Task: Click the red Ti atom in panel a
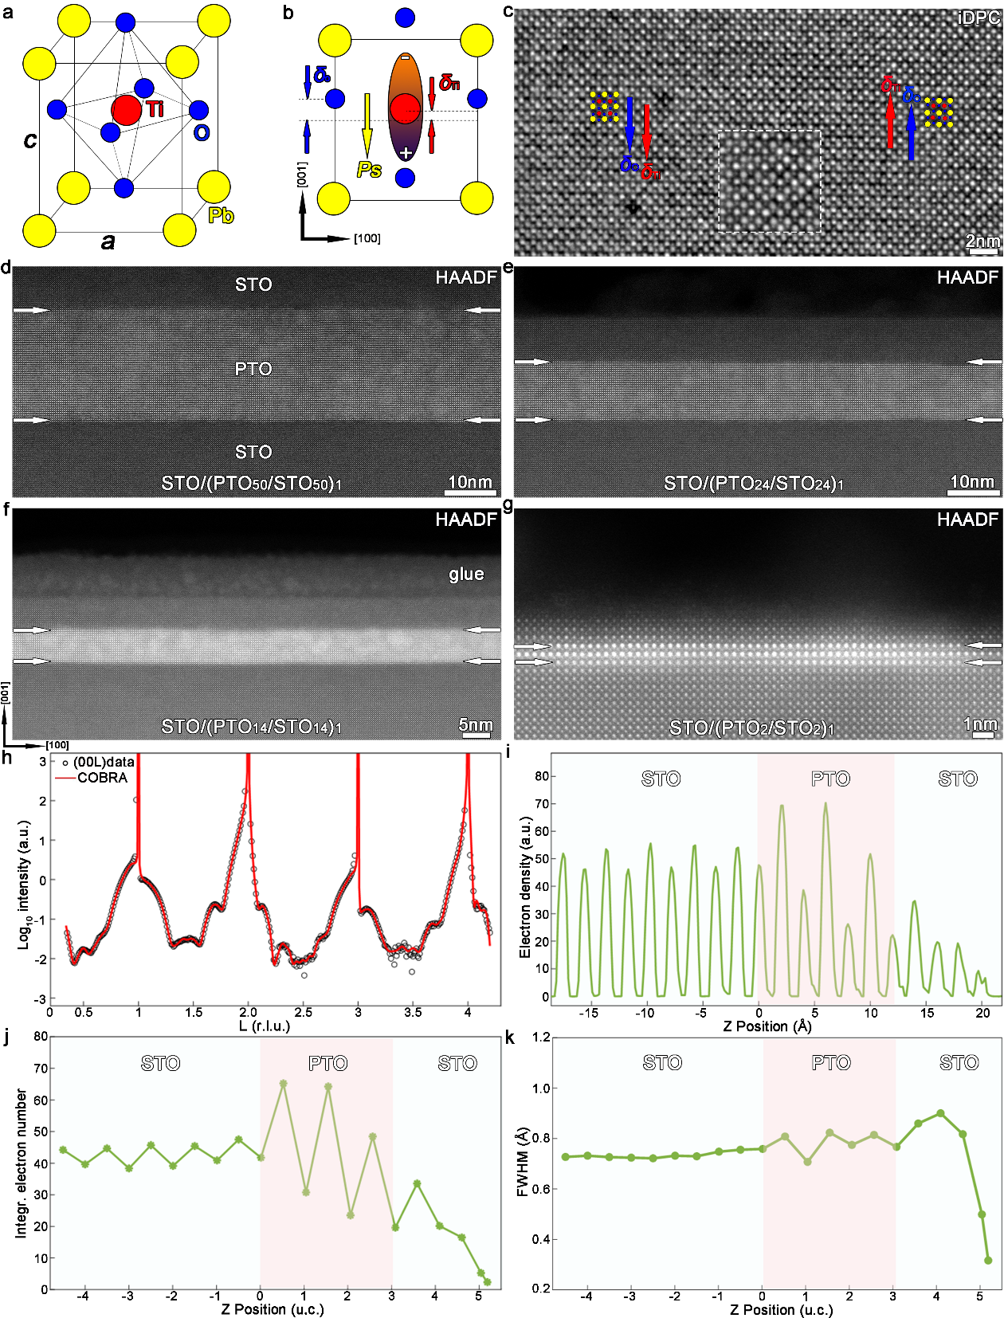click(126, 110)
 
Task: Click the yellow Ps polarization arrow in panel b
click(367, 124)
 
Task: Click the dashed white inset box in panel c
click(769, 181)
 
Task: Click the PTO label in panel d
click(253, 369)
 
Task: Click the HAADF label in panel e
click(967, 278)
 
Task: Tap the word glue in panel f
click(466, 574)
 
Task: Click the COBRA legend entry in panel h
click(102, 778)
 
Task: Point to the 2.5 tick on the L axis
click(303, 1013)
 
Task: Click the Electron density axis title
click(525, 886)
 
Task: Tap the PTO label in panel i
click(830, 779)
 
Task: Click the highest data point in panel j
click(283, 1084)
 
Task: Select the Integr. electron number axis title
click(22, 1163)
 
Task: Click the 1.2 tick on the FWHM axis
click(542, 1038)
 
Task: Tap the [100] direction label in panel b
click(367, 238)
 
